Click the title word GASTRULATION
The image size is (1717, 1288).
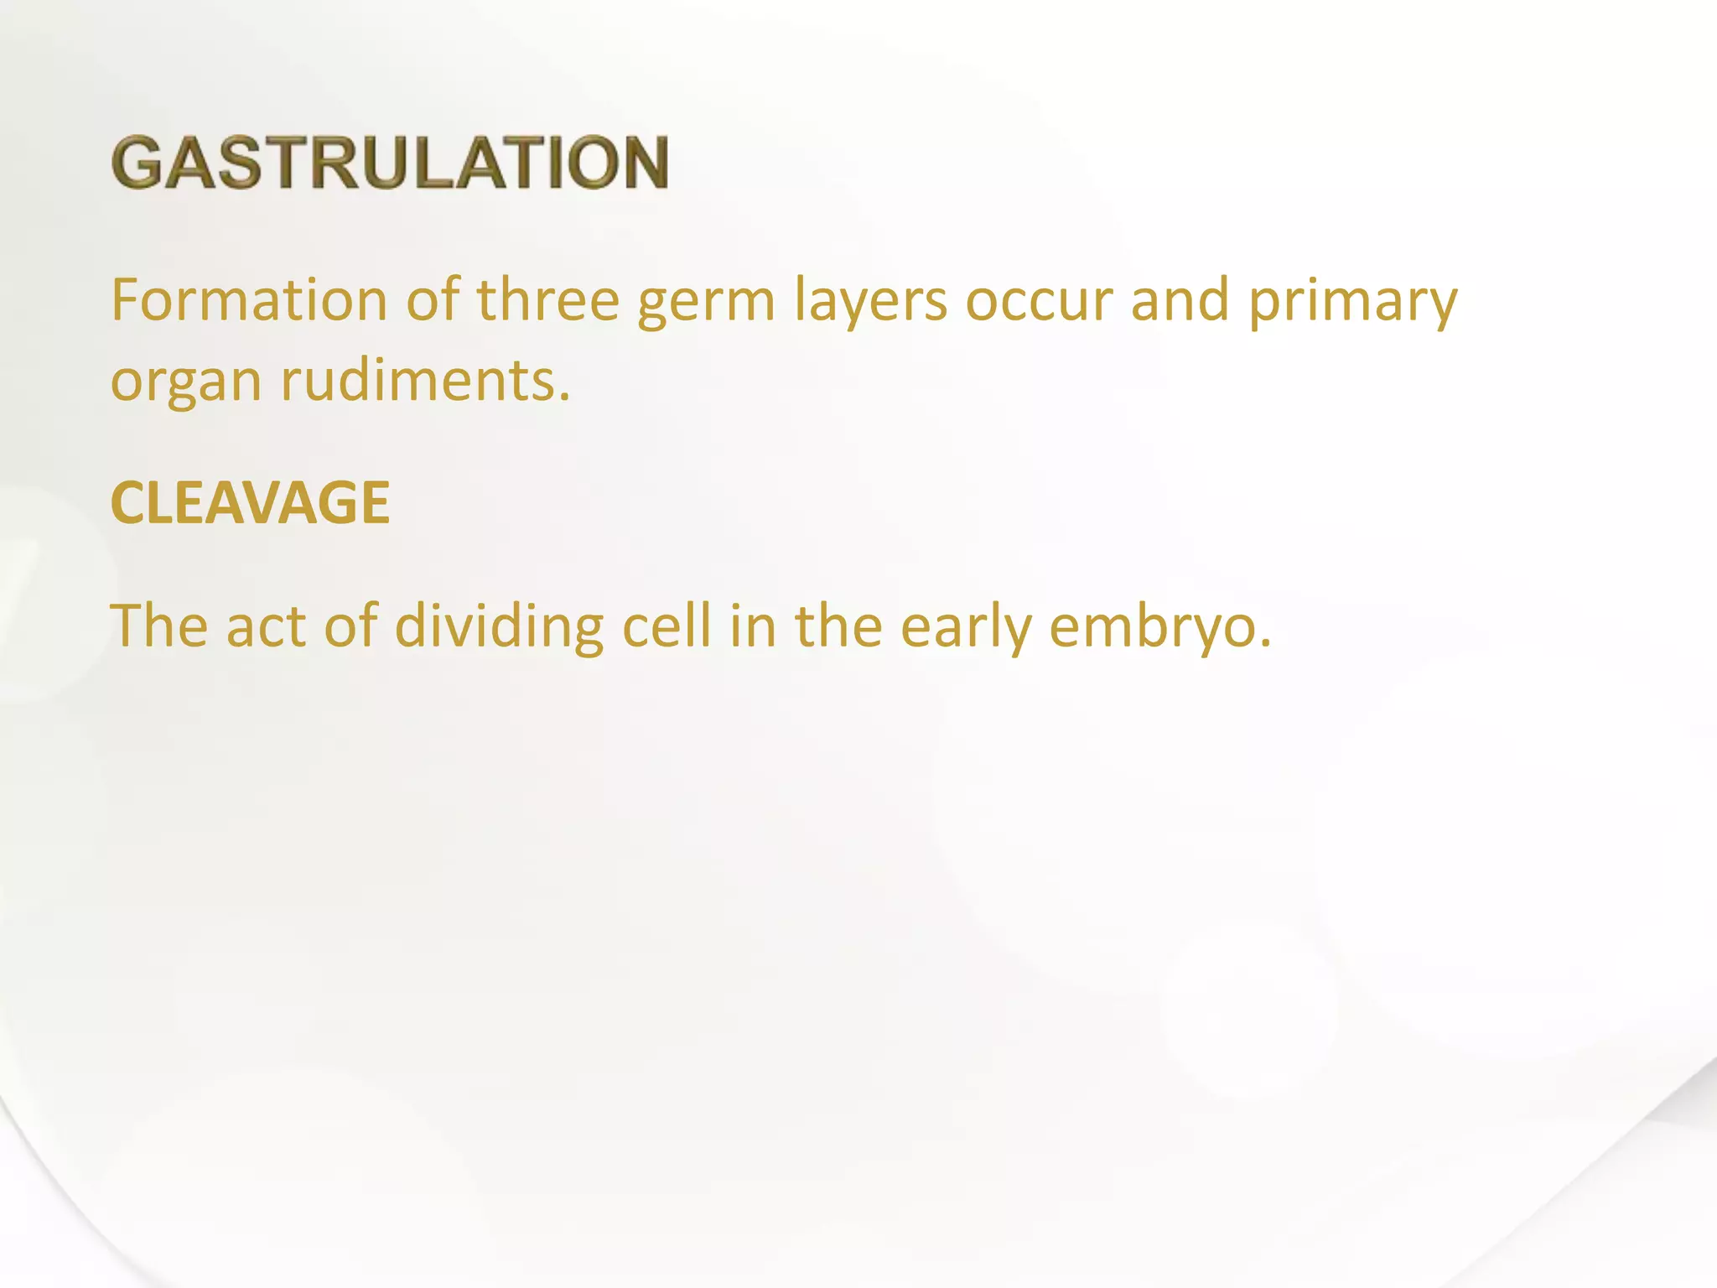[390, 162]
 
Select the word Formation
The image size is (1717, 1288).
[248, 299]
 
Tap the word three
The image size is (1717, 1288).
[547, 299]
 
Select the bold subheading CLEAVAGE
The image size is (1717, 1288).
[250, 503]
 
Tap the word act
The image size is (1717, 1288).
[266, 626]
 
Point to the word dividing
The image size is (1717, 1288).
[498, 626]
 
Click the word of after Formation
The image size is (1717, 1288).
[433, 299]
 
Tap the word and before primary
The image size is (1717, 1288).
[1180, 299]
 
